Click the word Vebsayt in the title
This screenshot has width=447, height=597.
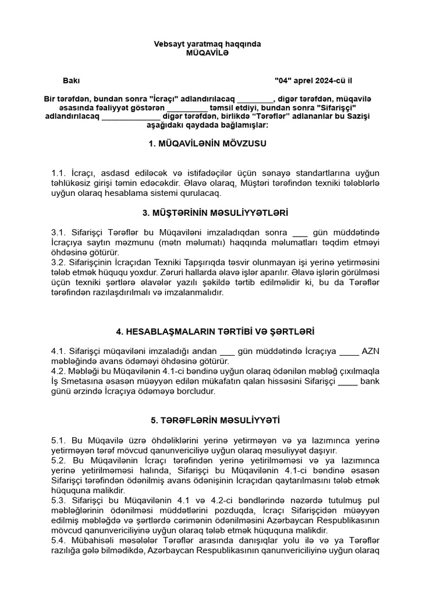(168, 44)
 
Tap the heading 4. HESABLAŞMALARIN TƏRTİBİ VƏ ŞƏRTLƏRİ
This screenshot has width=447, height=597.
(215, 331)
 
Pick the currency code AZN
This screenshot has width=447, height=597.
(371, 351)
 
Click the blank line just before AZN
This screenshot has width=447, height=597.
(349, 351)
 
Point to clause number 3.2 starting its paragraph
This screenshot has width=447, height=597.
(59, 263)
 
